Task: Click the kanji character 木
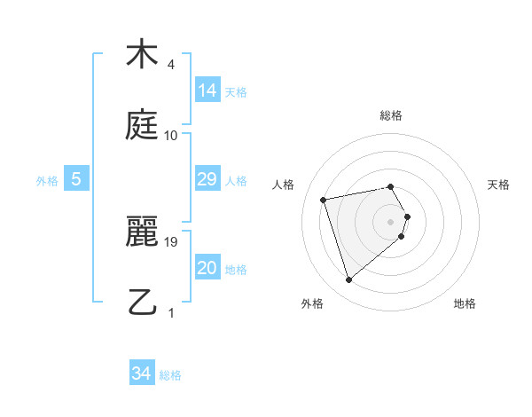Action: pos(141,55)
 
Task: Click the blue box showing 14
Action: pos(207,90)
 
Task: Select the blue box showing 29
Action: pos(207,179)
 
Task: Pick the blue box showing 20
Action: pos(207,268)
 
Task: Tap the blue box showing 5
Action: pos(76,179)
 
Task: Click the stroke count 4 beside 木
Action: pos(171,65)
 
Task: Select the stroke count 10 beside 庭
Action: pos(171,136)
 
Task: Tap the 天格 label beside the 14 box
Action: pos(236,91)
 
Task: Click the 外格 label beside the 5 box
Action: pos(47,180)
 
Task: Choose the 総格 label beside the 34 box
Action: pos(170,374)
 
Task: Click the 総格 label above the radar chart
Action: pos(391,115)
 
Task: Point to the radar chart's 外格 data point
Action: pos(349,280)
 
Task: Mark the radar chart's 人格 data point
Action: pos(324,199)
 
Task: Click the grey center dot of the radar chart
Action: pos(391,221)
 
